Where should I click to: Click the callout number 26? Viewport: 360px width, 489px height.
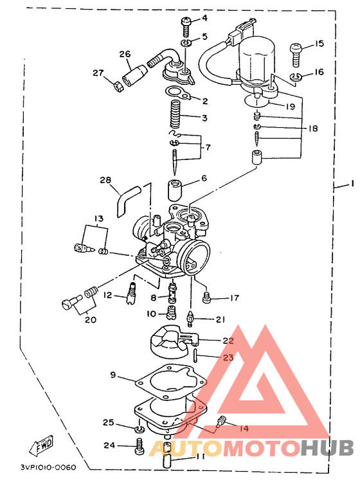(125, 54)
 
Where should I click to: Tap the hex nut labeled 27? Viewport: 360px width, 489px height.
(118, 85)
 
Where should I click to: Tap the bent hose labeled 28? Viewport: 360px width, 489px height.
(127, 200)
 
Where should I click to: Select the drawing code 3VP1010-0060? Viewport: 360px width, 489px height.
(48, 467)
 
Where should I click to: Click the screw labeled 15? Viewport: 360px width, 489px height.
(296, 55)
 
